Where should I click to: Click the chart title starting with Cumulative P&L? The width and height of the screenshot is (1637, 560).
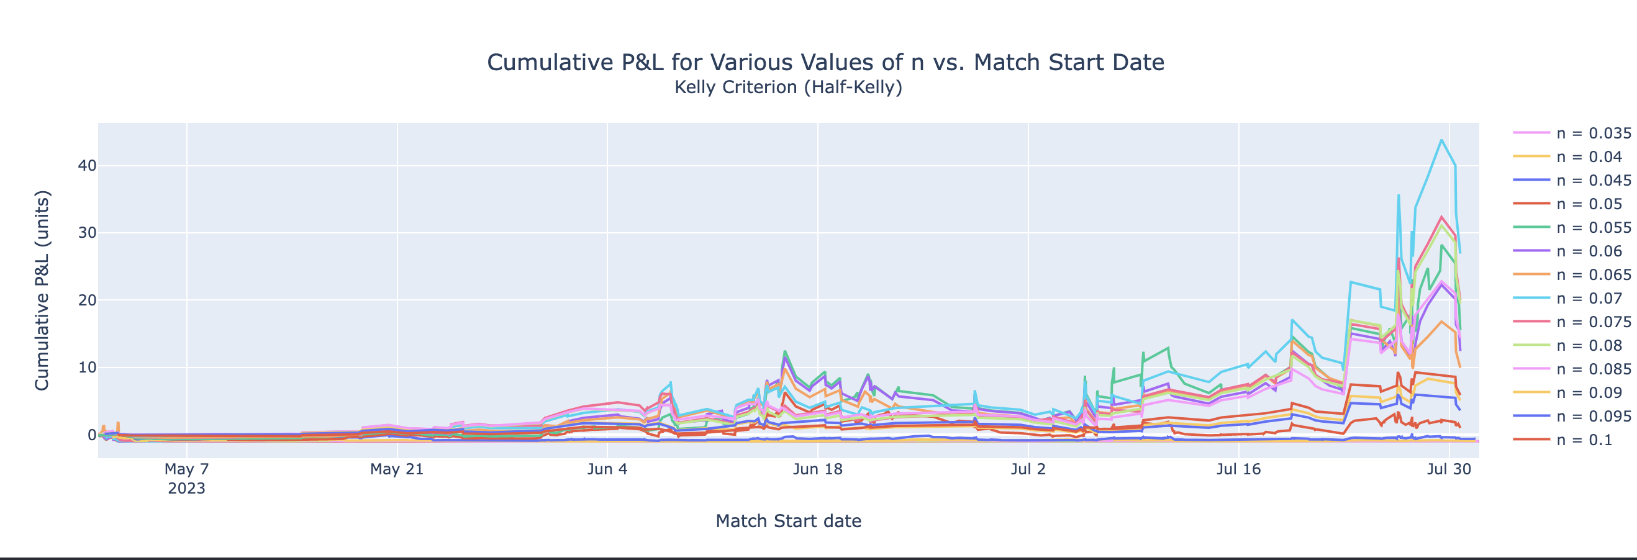[825, 62]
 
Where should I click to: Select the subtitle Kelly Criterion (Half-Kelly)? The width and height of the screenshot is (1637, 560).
[788, 87]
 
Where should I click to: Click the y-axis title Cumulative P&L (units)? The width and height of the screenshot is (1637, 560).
[42, 291]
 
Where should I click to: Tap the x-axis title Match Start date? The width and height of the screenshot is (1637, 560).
[788, 521]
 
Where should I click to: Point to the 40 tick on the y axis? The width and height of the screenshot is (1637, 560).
[87, 166]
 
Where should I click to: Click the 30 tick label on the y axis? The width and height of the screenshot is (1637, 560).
[87, 233]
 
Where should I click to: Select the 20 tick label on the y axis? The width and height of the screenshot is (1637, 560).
[87, 300]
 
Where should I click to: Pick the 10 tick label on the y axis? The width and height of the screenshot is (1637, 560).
[87, 368]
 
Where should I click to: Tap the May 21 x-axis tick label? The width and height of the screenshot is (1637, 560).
[397, 469]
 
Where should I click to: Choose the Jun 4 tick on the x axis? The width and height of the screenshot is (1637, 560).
[607, 469]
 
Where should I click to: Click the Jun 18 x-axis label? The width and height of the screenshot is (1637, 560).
[817, 469]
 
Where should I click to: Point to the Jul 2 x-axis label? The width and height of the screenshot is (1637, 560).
[1028, 469]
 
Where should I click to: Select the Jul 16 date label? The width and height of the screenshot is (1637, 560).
[1238, 469]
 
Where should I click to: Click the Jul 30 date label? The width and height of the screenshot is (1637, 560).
[1449, 469]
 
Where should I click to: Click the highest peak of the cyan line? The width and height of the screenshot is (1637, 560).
[1441, 140]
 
